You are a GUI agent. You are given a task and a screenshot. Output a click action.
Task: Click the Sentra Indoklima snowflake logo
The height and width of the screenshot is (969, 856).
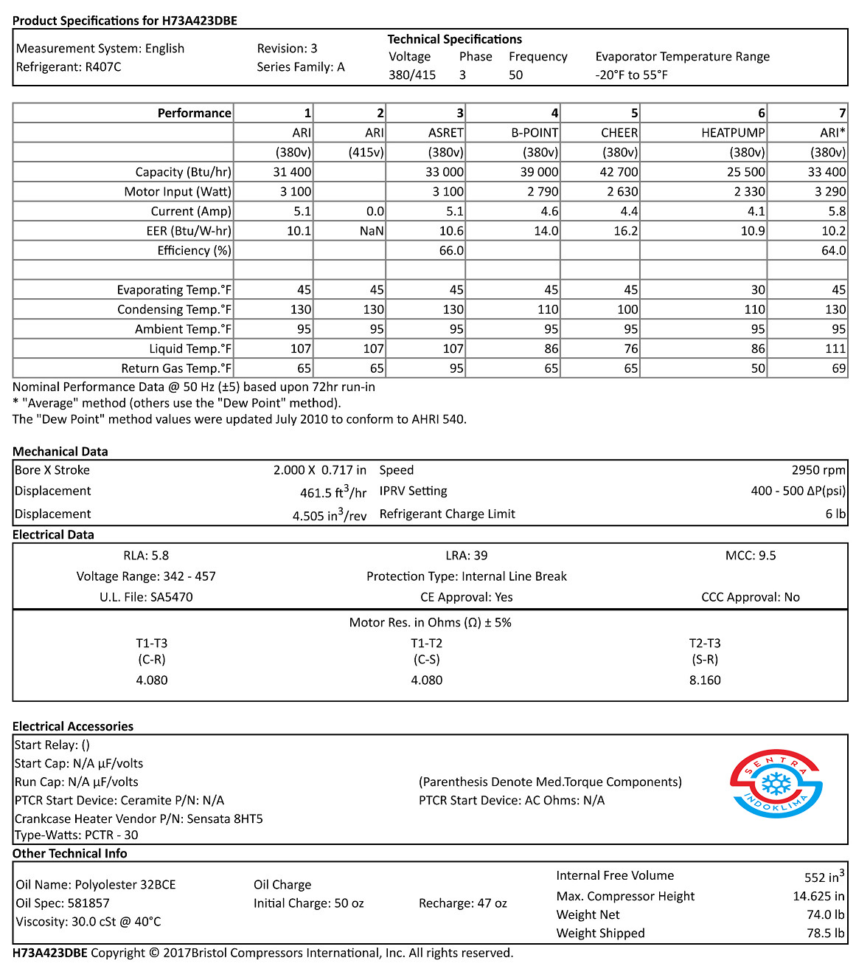click(776, 784)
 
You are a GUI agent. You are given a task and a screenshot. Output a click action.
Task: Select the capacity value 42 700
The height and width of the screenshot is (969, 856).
click(619, 172)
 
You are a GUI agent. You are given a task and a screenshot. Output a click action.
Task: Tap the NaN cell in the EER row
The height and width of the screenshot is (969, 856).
click(372, 231)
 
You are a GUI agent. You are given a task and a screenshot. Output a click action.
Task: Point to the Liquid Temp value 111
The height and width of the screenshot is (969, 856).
click(835, 349)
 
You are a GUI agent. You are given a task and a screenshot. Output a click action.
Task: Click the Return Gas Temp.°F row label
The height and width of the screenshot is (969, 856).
click(176, 368)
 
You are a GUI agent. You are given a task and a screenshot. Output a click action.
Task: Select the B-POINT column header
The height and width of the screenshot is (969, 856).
click(535, 133)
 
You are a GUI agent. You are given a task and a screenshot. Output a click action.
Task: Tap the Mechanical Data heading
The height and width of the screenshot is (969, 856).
click(60, 452)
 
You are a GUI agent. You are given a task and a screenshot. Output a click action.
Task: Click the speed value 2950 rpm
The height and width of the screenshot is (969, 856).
click(818, 470)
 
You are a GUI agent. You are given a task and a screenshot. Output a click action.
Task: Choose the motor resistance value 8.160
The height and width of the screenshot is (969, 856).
click(705, 680)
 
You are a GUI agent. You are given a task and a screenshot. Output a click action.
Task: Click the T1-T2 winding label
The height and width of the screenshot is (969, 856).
click(426, 644)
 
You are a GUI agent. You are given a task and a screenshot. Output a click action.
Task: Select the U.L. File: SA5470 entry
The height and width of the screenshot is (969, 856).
click(146, 597)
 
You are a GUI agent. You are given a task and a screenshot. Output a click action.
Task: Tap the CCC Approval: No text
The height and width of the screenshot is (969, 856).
click(750, 597)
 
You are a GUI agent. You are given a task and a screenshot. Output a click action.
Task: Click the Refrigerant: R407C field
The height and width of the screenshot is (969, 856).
click(69, 67)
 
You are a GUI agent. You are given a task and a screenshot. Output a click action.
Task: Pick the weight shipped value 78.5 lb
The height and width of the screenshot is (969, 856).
click(825, 933)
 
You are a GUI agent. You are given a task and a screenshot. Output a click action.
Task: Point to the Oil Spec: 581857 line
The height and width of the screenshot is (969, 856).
click(63, 903)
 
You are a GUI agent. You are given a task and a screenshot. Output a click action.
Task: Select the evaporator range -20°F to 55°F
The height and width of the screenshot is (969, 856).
click(632, 75)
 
